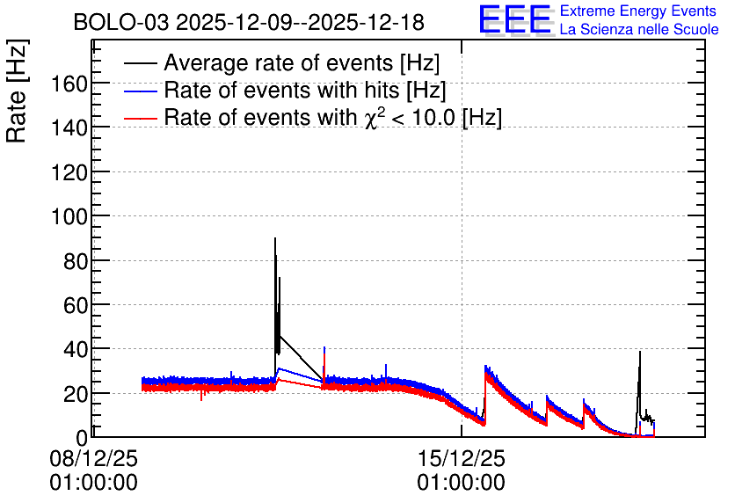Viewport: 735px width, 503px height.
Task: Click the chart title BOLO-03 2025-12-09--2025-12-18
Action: (249, 22)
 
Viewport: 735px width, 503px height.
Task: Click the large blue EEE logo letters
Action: (515, 19)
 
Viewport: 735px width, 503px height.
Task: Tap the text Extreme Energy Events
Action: (638, 11)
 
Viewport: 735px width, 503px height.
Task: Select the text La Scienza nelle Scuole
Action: (639, 30)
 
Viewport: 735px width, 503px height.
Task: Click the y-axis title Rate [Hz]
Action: (17, 91)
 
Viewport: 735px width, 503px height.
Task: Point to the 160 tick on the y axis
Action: (69, 84)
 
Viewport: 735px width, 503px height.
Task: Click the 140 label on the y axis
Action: (69, 128)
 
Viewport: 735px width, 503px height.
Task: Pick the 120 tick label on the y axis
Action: (69, 173)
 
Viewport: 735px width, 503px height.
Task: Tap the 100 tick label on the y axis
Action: (69, 217)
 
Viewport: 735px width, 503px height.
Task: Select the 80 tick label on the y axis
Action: (76, 261)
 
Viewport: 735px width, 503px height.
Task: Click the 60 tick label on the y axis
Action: (76, 306)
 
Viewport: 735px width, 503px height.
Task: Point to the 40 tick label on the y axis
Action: (76, 350)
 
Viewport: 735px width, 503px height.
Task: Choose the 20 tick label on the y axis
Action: (76, 394)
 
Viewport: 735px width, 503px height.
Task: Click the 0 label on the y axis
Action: (82, 438)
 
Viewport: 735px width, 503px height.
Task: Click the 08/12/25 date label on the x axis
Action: (94, 458)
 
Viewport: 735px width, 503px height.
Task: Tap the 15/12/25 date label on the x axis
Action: (462, 458)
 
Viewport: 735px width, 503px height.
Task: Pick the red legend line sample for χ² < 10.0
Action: (141, 118)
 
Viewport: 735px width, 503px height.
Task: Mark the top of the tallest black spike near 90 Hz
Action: (275, 238)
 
